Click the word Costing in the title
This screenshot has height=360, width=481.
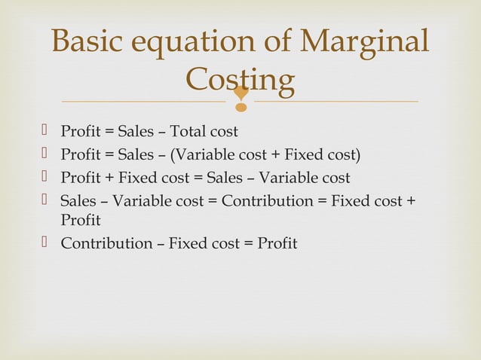click(x=240, y=80)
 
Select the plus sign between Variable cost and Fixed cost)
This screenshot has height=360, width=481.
click(x=277, y=155)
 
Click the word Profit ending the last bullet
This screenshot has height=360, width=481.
click(x=275, y=243)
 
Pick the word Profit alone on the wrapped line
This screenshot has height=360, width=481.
click(x=81, y=221)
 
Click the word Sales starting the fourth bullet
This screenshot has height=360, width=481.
click(x=78, y=201)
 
